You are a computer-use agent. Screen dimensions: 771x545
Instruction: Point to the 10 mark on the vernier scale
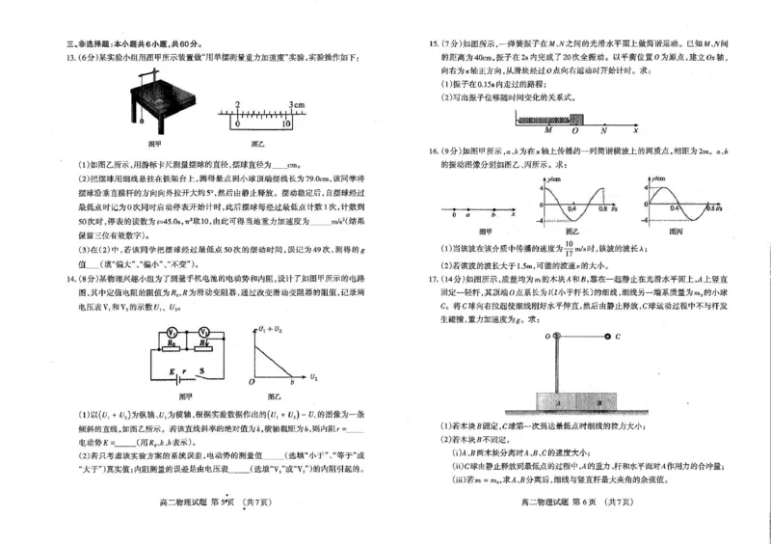click(286, 124)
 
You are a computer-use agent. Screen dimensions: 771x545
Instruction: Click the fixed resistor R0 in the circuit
click(170, 343)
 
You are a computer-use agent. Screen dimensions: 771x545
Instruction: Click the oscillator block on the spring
click(575, 120)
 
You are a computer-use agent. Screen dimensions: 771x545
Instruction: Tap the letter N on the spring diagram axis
click(602, 129)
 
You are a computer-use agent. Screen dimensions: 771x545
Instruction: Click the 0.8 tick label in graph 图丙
click(711, 208)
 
